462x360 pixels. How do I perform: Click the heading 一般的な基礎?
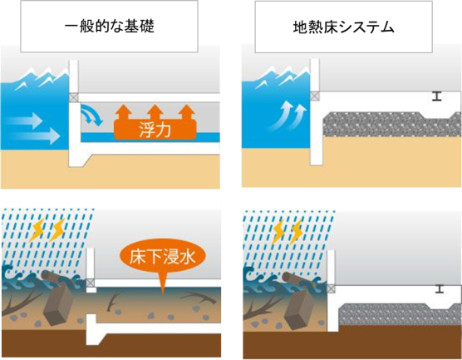[110, 27]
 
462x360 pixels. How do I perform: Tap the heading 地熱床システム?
[343, 27]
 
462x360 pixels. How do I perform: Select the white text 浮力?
[155, 130]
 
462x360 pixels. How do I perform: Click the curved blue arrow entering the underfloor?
[91, 115]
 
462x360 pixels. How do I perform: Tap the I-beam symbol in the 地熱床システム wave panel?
[437, 96]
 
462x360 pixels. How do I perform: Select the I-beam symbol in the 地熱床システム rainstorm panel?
[440, 289]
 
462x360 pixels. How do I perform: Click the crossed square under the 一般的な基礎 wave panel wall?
[74, 97]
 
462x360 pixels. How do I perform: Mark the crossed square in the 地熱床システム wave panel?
[315, 96]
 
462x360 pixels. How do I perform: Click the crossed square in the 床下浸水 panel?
[91, 284]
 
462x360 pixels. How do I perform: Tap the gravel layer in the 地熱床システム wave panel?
[392, 125]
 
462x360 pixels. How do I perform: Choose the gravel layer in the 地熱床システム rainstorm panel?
[399, 314]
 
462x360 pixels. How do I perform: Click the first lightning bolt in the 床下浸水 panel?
[38, 229]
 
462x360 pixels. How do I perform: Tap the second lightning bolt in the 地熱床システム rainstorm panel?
[296, 233]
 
